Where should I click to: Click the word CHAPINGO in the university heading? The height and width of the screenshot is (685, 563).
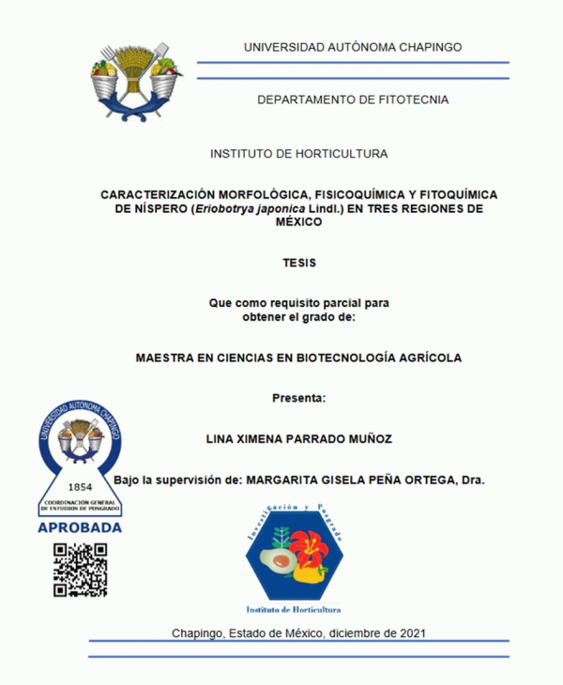pyautogui.click(x=426, y=47)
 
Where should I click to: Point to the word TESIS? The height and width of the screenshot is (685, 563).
pyautogui.click(x=299, y=263)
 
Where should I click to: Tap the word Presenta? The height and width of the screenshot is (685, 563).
pyautogui.click(x=298, y=398)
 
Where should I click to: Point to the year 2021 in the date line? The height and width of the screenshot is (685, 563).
pyautogui.click(x=409, y=632)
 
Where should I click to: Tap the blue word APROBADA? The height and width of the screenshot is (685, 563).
pyautogui.click(x=80, y=527)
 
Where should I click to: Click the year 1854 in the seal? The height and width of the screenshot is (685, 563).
pyautogui.click(x=81, y=488)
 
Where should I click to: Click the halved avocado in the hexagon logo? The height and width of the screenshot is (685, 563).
pyautogui.click(x=279, y=563)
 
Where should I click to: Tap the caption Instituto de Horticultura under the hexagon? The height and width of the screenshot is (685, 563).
pyautogui.click(x=294, y=608)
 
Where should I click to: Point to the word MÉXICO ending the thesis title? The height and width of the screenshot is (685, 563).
pyautogui.click(x=298, y=222)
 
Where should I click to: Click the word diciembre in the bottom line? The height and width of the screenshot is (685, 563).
pyautogui.click(x=349, y=632)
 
